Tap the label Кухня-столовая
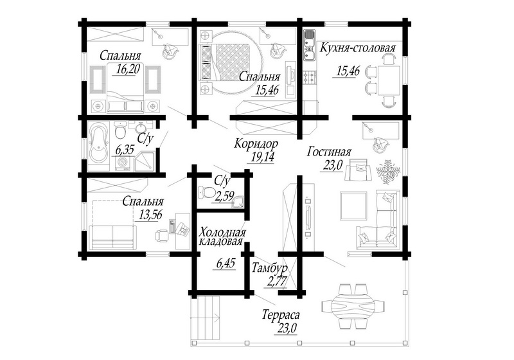[358, 48]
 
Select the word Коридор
[256, 143]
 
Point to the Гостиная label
[329, 152]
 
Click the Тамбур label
[269, 268]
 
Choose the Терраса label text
[281, 315]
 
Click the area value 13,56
[150, 215]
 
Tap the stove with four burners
[309, 78]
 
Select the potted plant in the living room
[388, 171]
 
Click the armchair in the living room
[358, 168]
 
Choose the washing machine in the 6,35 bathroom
[123, 163]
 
